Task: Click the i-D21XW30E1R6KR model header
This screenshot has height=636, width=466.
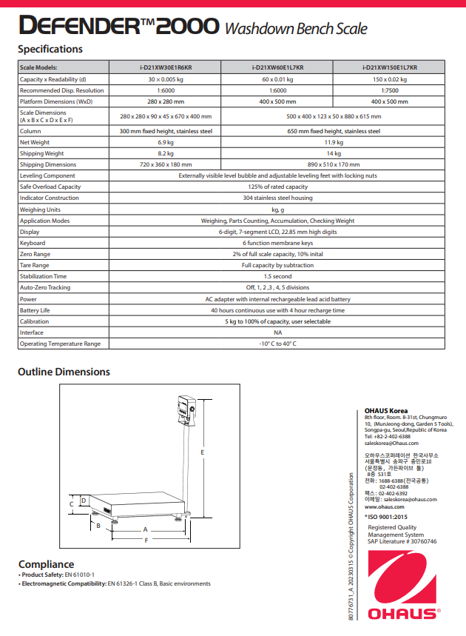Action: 166,67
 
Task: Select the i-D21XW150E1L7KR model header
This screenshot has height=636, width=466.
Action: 389,67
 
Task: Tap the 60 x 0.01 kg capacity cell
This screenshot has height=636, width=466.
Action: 277,79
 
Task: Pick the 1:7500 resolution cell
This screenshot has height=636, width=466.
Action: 389,90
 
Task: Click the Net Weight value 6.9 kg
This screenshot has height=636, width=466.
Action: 166,142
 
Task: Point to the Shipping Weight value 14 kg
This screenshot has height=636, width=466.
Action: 334,153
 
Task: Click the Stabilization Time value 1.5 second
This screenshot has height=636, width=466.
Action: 277,276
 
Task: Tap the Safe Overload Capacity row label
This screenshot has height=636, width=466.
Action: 50,187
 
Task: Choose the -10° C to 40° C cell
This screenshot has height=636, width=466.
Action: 277,344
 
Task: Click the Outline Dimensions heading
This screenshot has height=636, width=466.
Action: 64,372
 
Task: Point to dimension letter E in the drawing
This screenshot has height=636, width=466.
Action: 202,451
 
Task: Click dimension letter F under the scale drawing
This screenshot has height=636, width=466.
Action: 146,540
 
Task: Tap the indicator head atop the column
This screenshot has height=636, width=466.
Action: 185,409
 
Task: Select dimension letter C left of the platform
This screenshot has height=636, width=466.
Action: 71,503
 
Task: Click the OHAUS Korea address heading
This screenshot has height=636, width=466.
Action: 386,411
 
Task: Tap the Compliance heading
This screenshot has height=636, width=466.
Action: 46,564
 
